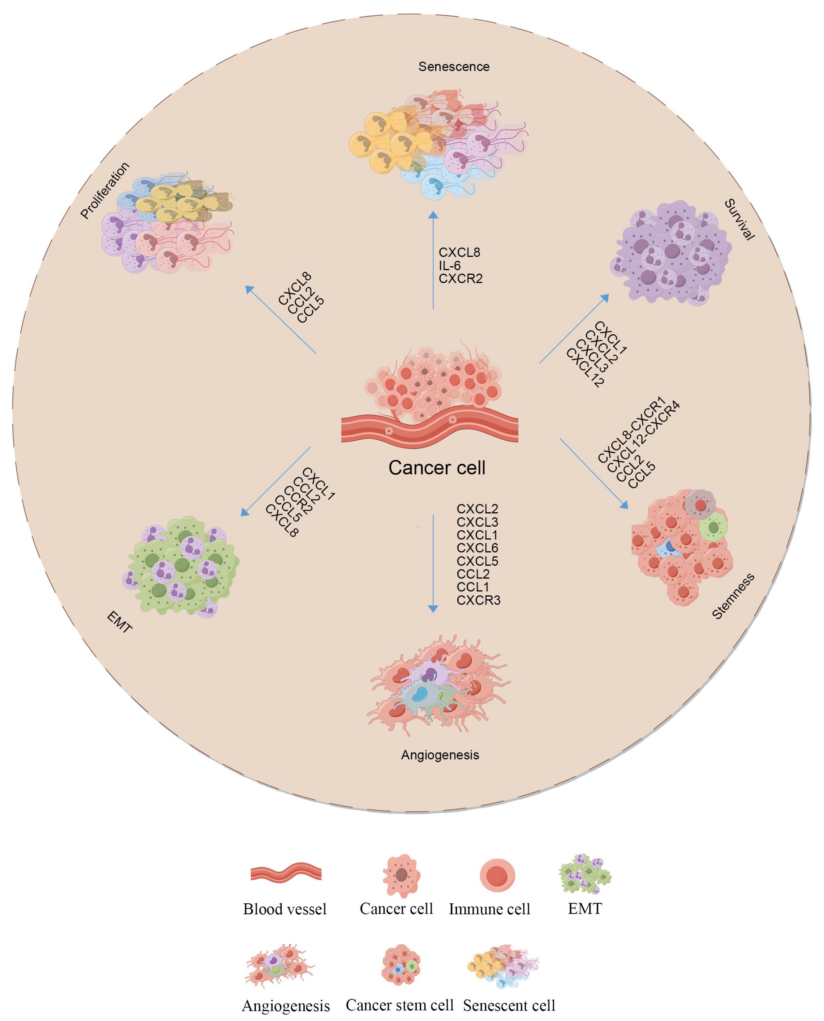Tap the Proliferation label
(x=104, y=190)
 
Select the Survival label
(x=739, y=220)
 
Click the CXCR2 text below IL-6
(x=461, y=279)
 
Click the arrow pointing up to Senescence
(x=433, y=261)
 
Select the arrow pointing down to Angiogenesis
(x=433, y=563)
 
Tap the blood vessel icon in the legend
(x=286, y=874)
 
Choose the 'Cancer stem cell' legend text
(x=400, y=1004)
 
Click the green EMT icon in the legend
(x=585, y=874)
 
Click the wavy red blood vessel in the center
(x=430, y=429)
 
